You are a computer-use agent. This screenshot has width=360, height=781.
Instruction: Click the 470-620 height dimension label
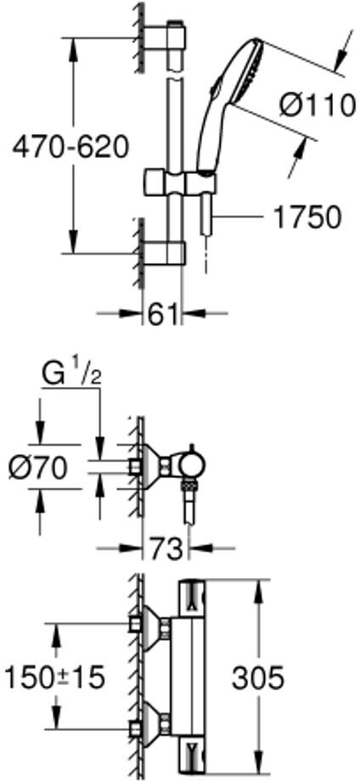tap(70, 148)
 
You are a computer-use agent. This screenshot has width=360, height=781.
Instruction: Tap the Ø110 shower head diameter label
tap(318, 105)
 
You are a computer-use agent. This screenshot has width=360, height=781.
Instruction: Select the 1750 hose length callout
tap(307, 217)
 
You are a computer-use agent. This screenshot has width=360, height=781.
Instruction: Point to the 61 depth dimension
tap(163, 314)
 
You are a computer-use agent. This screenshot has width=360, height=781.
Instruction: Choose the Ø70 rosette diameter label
tap(38, 468)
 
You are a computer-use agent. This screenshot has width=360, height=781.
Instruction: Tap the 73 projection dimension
tap(166, 549)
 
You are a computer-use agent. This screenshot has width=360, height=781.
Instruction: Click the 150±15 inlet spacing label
tap(54, 677)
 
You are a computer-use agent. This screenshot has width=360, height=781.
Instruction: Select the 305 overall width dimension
tap(257, 677)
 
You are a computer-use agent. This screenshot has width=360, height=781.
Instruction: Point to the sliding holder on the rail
tap(181, 183)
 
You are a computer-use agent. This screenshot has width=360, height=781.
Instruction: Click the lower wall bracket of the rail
tap(165, 253)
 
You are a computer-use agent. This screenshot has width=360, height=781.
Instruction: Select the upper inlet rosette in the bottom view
tap(153, 624)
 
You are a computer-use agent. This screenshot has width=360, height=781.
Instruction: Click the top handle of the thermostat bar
tap(192, 601)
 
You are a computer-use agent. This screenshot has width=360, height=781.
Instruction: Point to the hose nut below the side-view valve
tap(188, 485)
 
